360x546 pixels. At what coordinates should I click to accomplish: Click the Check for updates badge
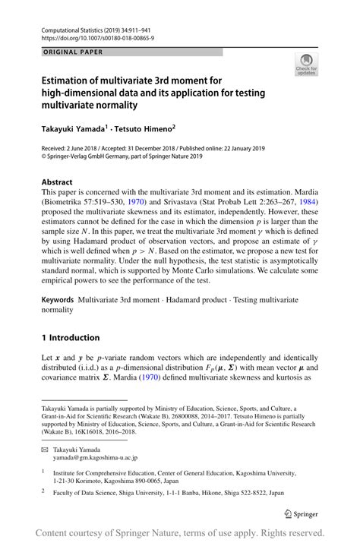coord(308,65)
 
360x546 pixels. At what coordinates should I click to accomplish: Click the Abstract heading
coord(58,183)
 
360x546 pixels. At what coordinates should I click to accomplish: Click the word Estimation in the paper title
coord(69,78)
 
